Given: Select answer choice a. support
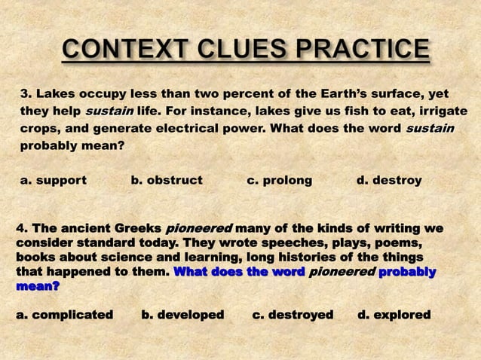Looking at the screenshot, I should pyautogui.click(x=54, y=181).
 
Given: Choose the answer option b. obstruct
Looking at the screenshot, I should pyautogui.click(x=167, y=181).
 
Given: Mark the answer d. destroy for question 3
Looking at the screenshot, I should pyautogui.click(x=389, y=181).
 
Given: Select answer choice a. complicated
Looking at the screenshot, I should pyautogui.click(x=65, y=314).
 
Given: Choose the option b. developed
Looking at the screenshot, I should pyautogui.click(x=182, y=314).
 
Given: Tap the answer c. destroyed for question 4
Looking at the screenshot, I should pyautogui.click(x=293, y=314).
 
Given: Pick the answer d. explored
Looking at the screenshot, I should pyautogui.click(x=394, y=314).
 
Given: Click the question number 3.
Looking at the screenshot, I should pyautogui.click(x=25, y=94).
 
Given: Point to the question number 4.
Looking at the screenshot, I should pyautogui.click(x=21, y=228).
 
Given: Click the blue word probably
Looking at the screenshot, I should pyautogui.click(x=407, y=271).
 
